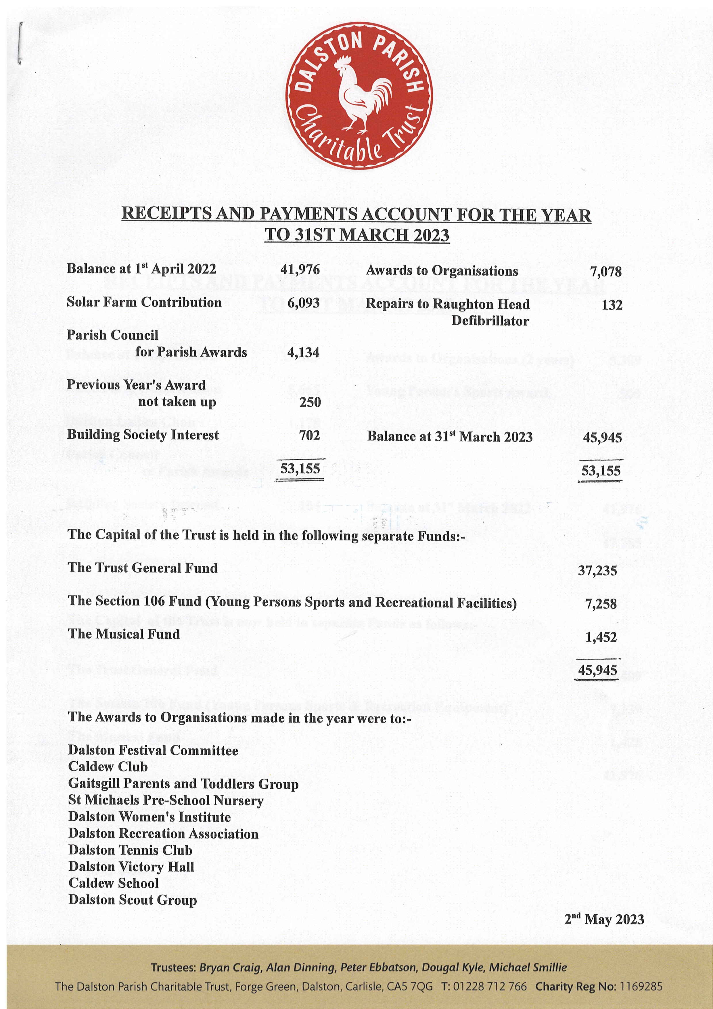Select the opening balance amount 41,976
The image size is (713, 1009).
point(300,270)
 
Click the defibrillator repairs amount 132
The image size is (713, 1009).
point(612,305)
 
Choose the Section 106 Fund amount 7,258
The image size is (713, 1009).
point(601,604)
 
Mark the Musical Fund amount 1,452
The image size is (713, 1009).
point(601,637)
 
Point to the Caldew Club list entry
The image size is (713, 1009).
point(108,767)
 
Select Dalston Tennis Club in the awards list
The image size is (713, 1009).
point(130,850)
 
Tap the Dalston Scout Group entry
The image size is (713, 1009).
point(132,900)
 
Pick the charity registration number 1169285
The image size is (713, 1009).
point(641,987)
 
